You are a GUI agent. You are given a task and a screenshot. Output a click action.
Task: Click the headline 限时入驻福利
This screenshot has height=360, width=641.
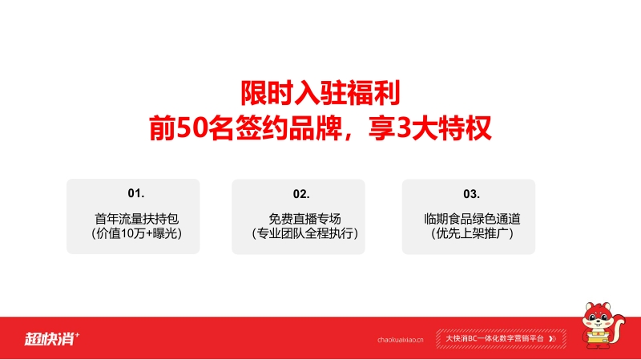point(320,94)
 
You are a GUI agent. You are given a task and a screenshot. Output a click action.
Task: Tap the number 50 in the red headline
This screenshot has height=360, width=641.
point(191,128)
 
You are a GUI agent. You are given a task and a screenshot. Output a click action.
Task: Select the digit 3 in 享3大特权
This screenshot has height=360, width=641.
point(404,128)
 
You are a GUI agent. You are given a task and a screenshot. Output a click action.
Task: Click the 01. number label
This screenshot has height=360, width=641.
point(136,193)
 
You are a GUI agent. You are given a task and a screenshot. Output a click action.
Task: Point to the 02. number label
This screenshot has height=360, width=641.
point(301,194)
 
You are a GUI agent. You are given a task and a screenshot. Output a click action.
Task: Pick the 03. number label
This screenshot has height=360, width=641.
point(471,194)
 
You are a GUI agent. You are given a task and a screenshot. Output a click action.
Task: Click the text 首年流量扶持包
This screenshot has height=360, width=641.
point(136,219)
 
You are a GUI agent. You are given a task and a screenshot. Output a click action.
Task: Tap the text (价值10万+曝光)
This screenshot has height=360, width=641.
point(136,233)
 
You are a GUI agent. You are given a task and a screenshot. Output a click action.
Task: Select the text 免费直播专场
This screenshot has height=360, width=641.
point(305,219)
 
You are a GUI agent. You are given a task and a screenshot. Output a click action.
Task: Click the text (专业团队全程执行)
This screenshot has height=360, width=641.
point(305,233)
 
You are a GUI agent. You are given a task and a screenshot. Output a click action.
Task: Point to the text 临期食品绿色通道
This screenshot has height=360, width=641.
point(472,219)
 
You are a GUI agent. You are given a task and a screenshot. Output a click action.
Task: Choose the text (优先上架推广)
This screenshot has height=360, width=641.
point(472,233)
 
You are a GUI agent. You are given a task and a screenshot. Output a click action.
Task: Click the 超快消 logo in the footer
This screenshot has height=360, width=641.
point(52,338)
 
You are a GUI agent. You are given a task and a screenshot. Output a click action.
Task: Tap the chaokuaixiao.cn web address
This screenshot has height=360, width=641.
point(400,339)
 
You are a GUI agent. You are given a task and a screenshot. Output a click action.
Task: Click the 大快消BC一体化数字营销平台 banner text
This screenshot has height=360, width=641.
point(494,338)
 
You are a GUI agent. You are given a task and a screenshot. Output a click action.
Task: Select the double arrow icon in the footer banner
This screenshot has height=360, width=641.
point(552,338)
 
